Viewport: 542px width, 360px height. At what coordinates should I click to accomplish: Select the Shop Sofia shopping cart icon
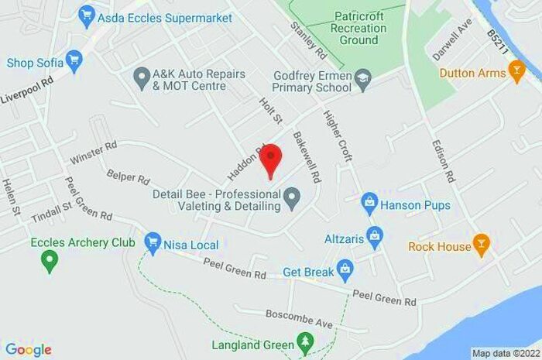[74, 60]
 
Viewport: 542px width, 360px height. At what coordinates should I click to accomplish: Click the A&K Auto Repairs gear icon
[141, 78]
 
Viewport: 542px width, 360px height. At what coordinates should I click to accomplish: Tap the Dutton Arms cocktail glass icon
[517, 73]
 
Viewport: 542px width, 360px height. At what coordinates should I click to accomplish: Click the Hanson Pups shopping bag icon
[369, 204]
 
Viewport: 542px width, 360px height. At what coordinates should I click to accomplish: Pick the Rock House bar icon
[482, 246]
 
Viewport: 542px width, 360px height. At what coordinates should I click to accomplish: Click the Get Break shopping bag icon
[345, 271]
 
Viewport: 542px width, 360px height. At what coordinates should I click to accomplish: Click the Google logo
[28, 350]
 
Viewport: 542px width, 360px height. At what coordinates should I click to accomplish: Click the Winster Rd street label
[94, 152]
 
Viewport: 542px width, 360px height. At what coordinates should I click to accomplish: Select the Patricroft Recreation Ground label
[359, 28]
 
